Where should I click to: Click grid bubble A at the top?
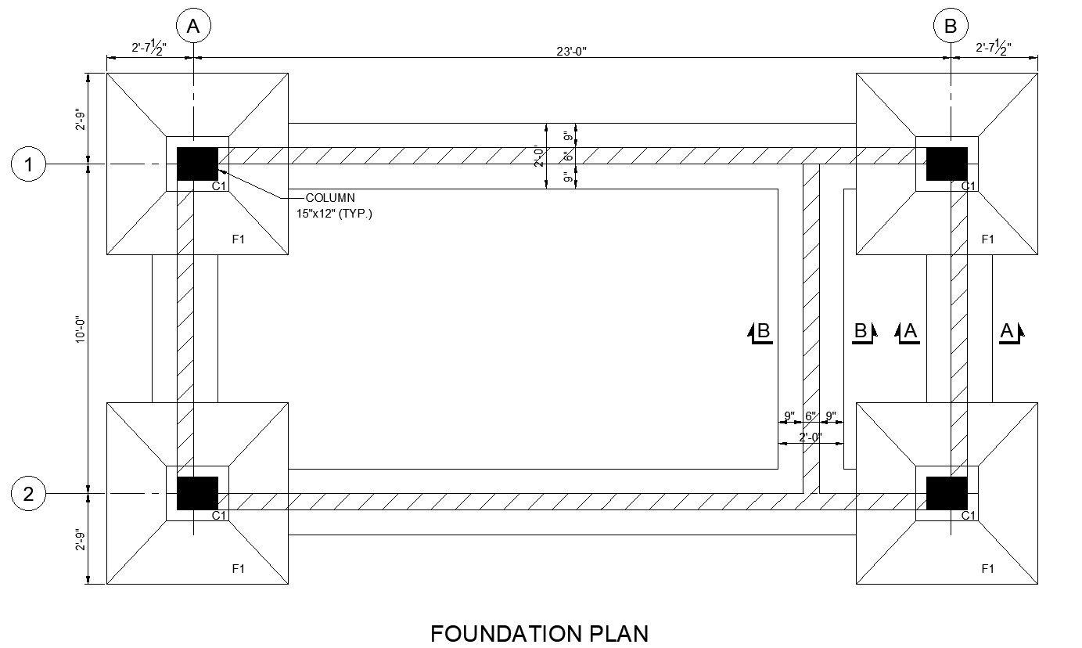pyautogui.click(x=193, y=26)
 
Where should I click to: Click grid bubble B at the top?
pyautogui.click(x=950, y=26)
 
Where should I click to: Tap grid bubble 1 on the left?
pyautogui.click(x=28, y=164)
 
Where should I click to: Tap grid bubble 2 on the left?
pyautogui.click(x=28, y=494)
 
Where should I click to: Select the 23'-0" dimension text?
pyautogui.click(x=571, y=51)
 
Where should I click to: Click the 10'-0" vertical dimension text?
pyautogui.click(x=80, y=329)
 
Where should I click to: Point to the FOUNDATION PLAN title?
pyautogui.click(x=539, y=633)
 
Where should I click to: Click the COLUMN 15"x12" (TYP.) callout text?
pyautogui.click(x=334, y=205)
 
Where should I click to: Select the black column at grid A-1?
pyautogui.click(x=198, y=164)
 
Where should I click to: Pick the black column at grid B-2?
pyautogui.click(x=947, y=493)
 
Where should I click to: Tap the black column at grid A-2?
pyautogui.click(x=198, y=493)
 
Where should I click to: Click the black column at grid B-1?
pyautogui.click(x=947, y=164)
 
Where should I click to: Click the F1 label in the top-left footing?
pyautogui.click(x=238, y=239)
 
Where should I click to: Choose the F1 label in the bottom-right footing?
pyautogui.click(x=988, y=569)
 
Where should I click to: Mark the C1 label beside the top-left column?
pyautogui.click(x=219, y=186)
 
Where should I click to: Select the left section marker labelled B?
pyautogui.click(x=760, y=333)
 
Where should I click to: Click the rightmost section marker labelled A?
pyautogui.click(x=1012, y=333)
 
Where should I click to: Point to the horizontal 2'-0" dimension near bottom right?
pyautogui.click(x=811, y=437)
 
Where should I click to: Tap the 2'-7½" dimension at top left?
pyautogui.click(x=149, y=48)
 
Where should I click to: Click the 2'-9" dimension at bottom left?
pyautogui.click(x=80, y=541)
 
